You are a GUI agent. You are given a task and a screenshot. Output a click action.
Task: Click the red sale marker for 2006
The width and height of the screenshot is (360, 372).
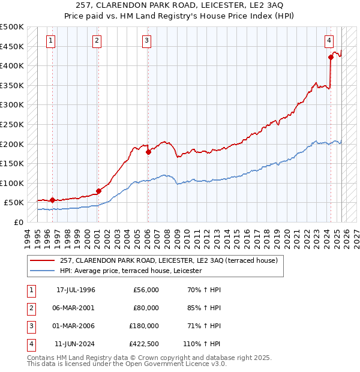148,152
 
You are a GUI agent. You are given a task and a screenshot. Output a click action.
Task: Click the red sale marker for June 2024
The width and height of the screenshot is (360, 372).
331,58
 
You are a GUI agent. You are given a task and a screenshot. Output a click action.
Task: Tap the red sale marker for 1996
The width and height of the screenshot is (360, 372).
53,200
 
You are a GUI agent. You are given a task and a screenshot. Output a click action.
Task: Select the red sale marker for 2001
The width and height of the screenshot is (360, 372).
98,191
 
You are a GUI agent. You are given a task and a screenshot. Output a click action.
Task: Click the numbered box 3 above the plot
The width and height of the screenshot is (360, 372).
147,41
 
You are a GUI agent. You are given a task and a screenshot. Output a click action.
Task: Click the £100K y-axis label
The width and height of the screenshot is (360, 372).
12,183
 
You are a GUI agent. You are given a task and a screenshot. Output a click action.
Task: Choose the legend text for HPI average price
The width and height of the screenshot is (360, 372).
131,271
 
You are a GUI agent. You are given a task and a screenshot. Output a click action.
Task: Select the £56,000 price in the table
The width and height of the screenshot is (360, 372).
145,290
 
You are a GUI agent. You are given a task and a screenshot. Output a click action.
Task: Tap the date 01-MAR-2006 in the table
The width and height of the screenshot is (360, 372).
75,326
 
